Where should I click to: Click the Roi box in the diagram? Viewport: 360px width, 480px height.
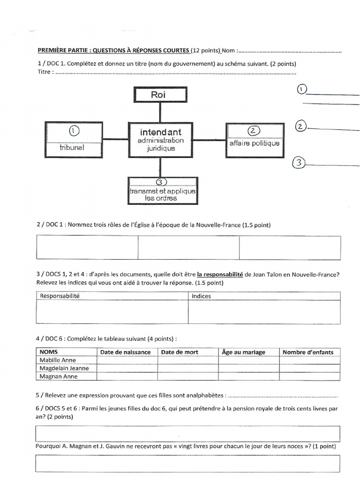pos(161,95)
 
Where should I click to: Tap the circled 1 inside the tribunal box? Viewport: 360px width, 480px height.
pos(74,130)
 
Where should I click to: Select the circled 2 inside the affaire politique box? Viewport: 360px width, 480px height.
pos(255,131)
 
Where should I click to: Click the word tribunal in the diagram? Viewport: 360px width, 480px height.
pos(73,148)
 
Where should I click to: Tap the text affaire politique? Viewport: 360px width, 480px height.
pos(255,143)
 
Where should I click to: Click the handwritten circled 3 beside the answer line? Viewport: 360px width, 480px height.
pos(299,163)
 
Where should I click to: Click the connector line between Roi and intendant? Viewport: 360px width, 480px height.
pos(161,112)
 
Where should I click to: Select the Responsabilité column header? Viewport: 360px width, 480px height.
pos(60,296)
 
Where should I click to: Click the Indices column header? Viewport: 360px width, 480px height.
pos(202,296)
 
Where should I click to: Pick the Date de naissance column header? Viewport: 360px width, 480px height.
pos(126,352)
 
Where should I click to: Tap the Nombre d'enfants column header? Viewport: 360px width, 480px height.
pos(308,352)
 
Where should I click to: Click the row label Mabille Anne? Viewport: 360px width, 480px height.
pos(58,360)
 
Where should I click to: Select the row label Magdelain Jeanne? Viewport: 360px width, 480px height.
pos(64,368)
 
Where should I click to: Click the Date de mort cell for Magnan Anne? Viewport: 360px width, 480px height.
pos(187,376)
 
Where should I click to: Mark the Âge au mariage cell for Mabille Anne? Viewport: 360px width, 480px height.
pos(248,360)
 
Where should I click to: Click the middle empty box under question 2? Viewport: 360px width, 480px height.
pos(188,247)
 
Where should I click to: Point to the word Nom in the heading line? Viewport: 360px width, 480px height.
pos(228,50)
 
